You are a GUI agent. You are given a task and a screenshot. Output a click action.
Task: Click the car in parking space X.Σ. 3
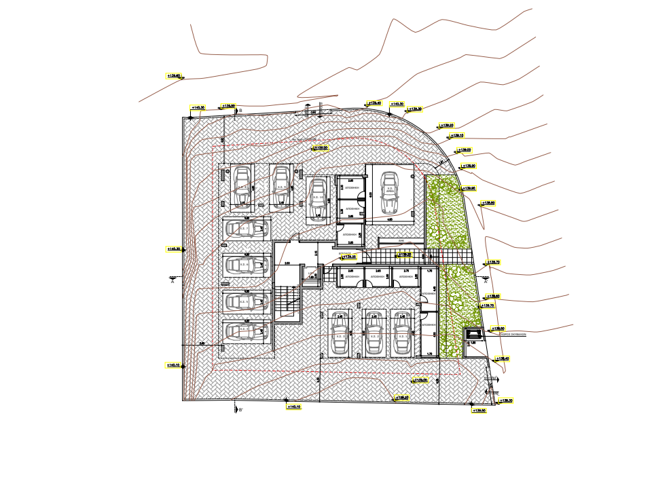pos(338,335)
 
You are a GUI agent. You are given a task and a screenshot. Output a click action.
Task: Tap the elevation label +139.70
pos(493,262)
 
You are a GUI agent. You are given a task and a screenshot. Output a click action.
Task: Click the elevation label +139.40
pos(503,358)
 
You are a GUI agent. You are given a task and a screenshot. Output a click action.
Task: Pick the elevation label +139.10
pos(456,135)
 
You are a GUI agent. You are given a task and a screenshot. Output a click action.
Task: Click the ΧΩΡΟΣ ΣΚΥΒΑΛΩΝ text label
pos(513,334)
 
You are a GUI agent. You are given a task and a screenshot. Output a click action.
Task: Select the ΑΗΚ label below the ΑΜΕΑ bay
pos(401,241)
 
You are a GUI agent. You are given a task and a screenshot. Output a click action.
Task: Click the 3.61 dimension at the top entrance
pos(314,113)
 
